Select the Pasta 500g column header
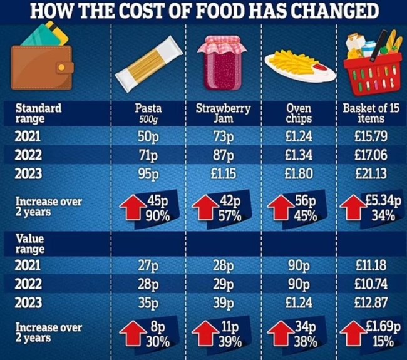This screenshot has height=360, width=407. [x=149, y=113]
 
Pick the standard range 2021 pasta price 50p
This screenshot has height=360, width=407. [x=149, y=135]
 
